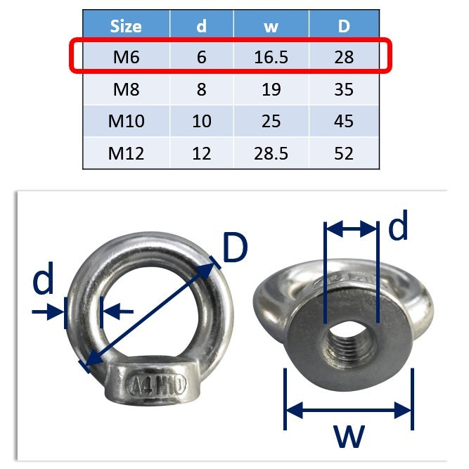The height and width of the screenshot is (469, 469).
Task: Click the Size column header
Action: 126,26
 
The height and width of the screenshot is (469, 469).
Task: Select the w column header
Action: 271,26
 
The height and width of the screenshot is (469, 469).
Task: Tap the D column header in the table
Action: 344,26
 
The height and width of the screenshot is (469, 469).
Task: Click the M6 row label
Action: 127,57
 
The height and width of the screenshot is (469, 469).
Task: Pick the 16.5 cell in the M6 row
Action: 271,57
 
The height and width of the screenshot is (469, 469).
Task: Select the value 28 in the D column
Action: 344,57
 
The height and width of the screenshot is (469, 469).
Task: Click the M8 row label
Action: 127,89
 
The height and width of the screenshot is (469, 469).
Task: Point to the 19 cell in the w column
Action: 271,89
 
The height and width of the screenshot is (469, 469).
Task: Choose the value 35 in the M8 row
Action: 344,89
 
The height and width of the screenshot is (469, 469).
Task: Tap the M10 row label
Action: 127,121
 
